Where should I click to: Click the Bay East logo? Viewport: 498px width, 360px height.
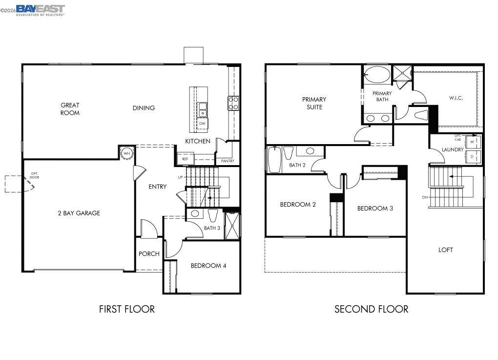click(x=40, y=10)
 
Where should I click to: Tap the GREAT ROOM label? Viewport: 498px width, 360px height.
click(x=70, y=109)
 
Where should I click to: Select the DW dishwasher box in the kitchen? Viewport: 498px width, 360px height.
click(x=202, y=124)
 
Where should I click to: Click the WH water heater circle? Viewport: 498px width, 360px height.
click(x=127, y=153)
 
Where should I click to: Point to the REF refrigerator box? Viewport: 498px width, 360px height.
click(x=185, y=159)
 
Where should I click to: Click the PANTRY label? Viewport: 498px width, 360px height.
click(x=228, y=161)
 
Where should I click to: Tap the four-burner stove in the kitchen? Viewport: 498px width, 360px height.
click(x=233, y=103)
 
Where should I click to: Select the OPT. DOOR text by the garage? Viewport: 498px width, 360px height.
click(x=35, y=175)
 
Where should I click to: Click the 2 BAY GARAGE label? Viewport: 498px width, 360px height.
click(x=79, y=213)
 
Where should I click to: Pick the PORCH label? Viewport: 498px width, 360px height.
click(x=149, y=254)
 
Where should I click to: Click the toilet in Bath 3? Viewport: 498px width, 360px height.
click(x=212, y=215)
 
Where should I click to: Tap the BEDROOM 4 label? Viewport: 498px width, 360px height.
click(x=208, y=266)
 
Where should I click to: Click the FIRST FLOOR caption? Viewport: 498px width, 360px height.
click(x=126, y=309)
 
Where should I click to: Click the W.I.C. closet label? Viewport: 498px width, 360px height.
click(x=456, y=98)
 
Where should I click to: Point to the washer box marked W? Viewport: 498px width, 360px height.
click(x=472, y=142)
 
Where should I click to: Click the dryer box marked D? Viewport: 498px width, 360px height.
click(x=472, y=157)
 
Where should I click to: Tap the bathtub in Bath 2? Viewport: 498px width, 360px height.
click(x=274, y=160)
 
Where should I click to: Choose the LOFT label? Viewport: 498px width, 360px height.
click(x=445, y=250)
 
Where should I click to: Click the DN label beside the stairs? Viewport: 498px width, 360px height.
click(x=425, y=197)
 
